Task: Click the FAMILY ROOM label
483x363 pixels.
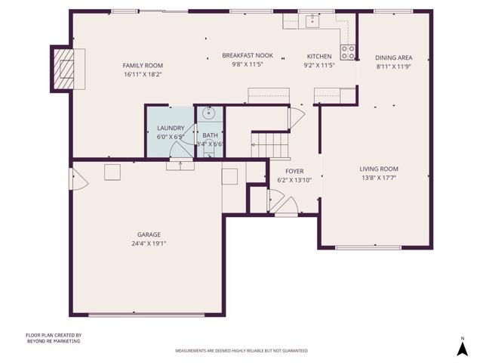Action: click(x=143, y=66)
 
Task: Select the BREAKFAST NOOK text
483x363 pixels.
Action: click(x=247, y=56)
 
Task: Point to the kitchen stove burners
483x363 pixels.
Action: click(x=348, y=52)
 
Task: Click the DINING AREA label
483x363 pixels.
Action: click(x=393, y=57)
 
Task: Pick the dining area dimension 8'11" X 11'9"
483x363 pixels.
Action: click(x=393, y=67)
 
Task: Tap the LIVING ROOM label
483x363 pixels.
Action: click(x=379, y=169)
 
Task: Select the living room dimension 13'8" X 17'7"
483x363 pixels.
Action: click(x=379, y=178)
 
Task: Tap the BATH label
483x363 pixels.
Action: click(x=210, y=135)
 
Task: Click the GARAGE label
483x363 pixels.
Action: click(x=148, y=234)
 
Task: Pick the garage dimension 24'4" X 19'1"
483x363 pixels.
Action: click(x=148, y=244)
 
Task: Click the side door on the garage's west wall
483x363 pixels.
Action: click(x=75, y=179)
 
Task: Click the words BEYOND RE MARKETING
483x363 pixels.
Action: click(x=53, y=341)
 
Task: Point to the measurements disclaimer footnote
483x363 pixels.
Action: click(x=241, y=352)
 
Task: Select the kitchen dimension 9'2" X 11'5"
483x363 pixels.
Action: click(x=318, y=66)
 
